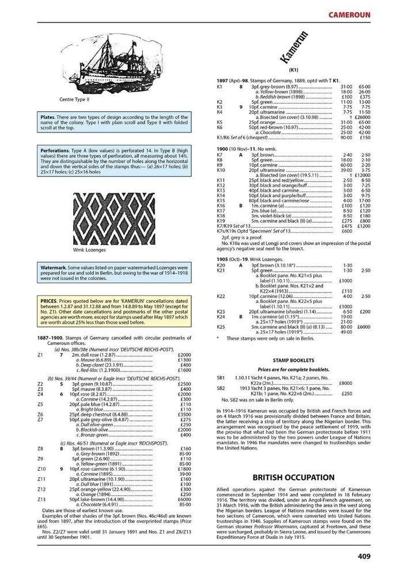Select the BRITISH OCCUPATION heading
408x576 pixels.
pyautogui.click(x=294, y=478)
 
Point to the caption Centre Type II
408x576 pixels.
pyautogui.click(x=82, y=98)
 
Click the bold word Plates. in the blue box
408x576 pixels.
pyautogui.click(x=47, y=116)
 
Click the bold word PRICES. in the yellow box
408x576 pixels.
pyautogui.click(x=48, y=301)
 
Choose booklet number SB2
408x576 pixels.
pyautogui.click(x=221, y=388)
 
